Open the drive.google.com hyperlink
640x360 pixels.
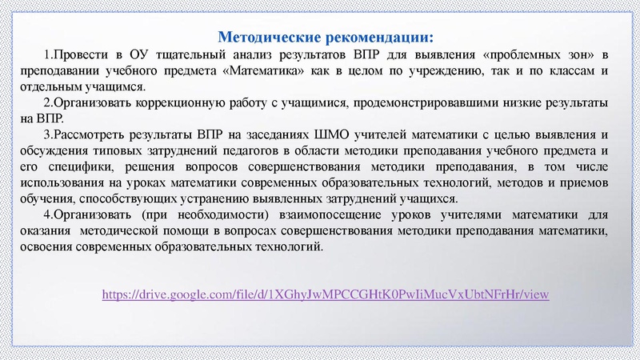325,294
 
